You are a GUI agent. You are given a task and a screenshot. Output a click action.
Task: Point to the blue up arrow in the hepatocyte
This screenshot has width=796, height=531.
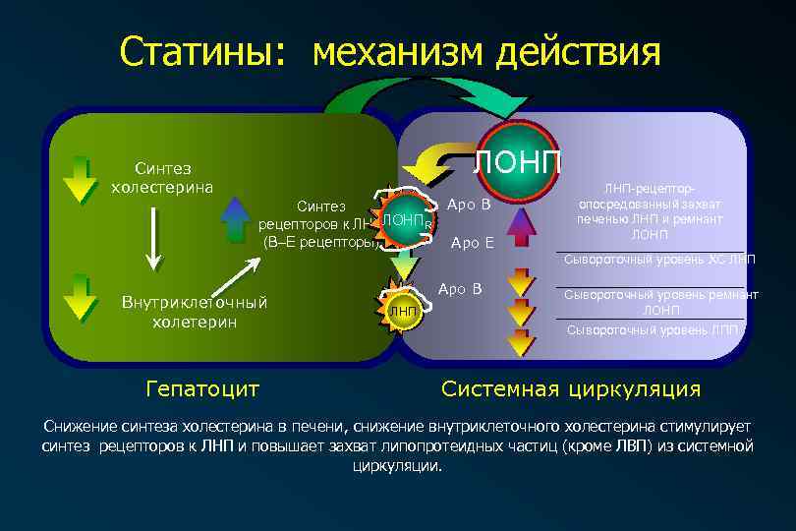pos(236,219)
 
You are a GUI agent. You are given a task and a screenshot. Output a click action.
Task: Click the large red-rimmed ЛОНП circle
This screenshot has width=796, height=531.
pos(518,159)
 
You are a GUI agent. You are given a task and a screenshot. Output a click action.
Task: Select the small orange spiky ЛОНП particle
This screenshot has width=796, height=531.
pos(402,219)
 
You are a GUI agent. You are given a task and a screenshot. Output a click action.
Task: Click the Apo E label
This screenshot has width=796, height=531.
pos(472,243)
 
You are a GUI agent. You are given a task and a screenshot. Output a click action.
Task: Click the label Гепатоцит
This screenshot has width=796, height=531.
pos(201,388)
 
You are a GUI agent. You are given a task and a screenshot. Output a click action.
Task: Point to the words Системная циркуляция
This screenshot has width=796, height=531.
pos(571,388)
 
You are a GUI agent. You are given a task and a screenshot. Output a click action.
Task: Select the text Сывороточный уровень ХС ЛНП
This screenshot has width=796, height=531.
pos(659,260)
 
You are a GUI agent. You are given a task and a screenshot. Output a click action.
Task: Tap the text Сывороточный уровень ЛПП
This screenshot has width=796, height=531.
pos(653,329)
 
